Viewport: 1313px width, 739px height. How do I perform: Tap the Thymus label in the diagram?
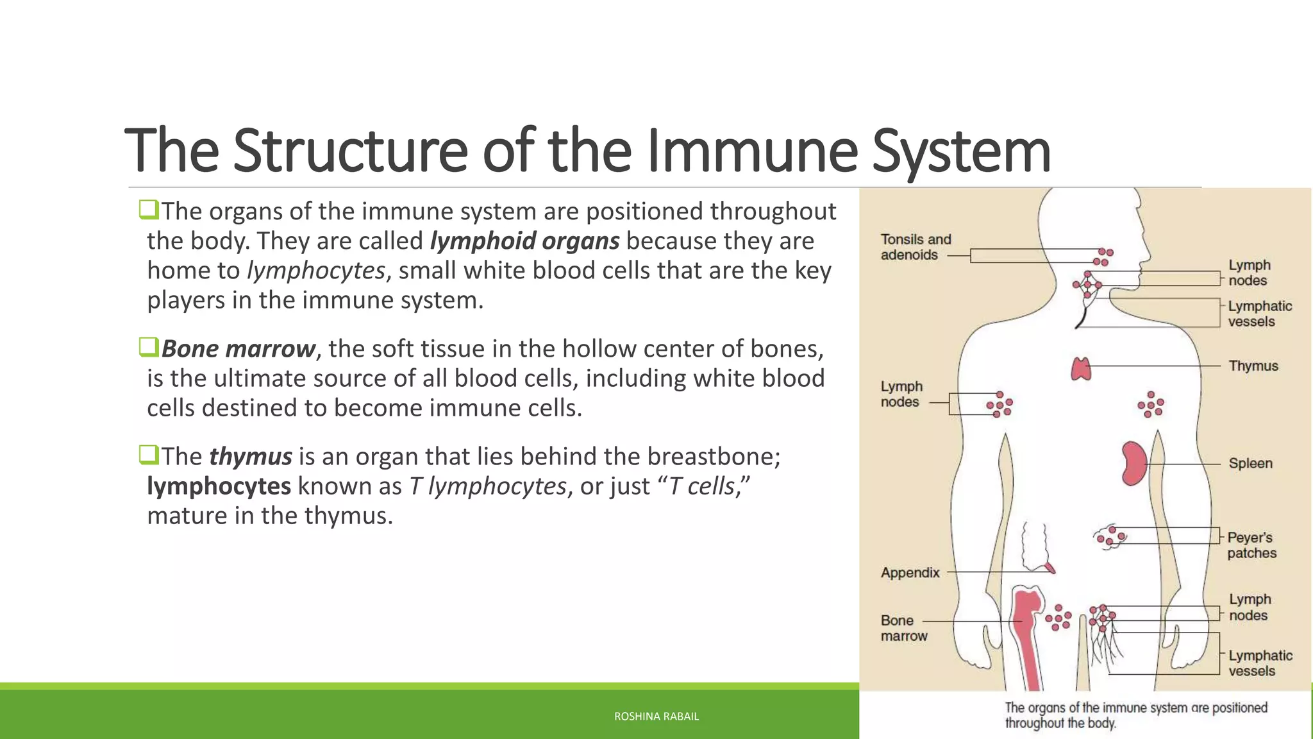(1253, 366)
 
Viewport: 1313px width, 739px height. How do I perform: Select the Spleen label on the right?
(1250, 463)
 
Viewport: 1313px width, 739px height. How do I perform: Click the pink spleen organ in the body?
(1133, 463)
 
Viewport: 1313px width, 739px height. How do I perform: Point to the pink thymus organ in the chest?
(1081, 369)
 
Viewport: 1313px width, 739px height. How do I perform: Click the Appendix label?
(910, 572)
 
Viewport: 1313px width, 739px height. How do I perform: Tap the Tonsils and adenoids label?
(916, 247)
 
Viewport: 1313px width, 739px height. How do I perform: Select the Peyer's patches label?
(1251, 545)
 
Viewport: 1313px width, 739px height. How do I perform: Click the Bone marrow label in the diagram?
(903, 628)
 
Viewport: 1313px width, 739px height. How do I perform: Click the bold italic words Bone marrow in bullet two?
(238, 348)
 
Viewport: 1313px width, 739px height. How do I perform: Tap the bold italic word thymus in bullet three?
(251, 456)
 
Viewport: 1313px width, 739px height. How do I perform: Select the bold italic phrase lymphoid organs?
(524, 241)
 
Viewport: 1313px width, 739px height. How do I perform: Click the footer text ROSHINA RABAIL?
(656, 717)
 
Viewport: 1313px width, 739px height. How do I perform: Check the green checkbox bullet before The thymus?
(148, 455)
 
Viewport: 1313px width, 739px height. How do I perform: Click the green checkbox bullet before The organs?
(148, 209)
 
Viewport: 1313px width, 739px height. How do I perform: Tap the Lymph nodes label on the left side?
(901, 394)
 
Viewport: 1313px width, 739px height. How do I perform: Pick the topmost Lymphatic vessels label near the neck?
(1259, 314)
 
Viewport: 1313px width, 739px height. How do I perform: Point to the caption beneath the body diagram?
(1135, 715)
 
